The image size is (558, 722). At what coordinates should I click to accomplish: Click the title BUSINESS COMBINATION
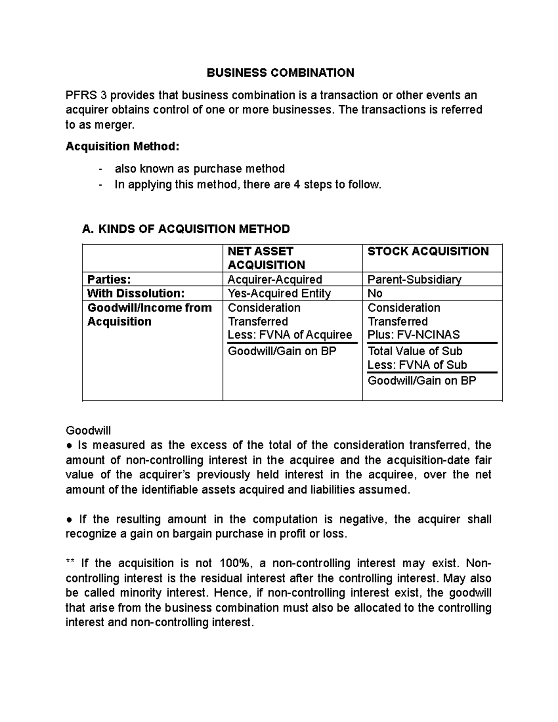(280, 73)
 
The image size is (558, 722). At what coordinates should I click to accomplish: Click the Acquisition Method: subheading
(122, 146)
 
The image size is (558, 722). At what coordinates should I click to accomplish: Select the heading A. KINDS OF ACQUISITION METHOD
(186, 229)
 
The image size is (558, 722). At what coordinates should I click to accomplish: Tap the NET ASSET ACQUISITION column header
(266, 258)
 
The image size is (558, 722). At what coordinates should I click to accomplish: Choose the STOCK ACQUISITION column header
(428, 252)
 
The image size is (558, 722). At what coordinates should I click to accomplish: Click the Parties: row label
(109, 279)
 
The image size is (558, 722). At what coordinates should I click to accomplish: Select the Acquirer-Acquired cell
(275, 279)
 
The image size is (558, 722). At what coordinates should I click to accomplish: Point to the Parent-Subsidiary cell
(414, 279)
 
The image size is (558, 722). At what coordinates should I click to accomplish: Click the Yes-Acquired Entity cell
(279, 293)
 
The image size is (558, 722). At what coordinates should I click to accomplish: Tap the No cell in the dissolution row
(375, 293)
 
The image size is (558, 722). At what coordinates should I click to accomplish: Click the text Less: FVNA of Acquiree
(290, 335)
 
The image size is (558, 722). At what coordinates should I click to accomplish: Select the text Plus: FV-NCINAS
(413, 335)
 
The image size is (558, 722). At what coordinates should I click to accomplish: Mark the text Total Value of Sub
(415, 351)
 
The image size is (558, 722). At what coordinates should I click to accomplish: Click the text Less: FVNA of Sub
(417, 365)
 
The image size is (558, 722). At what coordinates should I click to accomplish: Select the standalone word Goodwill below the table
(88, 431)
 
